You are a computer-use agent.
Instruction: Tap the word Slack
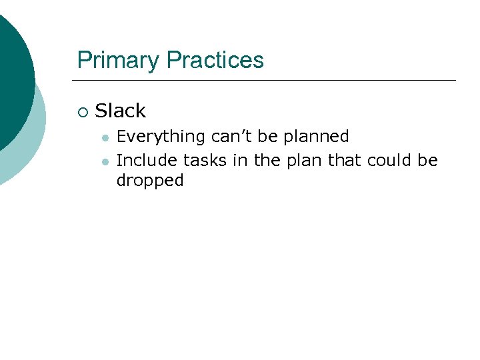(121, 111)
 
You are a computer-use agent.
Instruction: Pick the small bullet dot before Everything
(105, 137)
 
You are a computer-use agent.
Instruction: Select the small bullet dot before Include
(105, 161)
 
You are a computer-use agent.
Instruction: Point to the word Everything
(161, 137)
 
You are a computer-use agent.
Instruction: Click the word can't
(231, 137)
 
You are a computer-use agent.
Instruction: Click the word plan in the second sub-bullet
(305, 161)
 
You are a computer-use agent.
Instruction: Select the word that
(343, 161)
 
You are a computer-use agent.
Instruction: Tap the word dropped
(150, 181)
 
